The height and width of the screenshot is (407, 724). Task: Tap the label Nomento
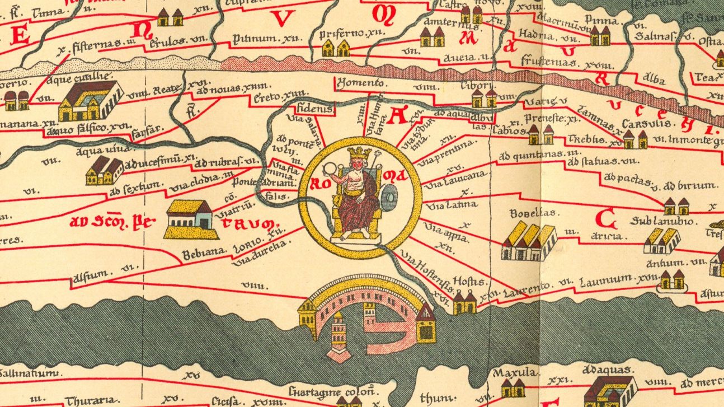[361, 83]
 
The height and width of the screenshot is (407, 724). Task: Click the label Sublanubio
[664, 222]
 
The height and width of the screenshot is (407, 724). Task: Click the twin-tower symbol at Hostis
[464, 302]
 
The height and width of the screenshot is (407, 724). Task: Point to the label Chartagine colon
[323, 390]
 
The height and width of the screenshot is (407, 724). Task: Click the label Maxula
[515, 372]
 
